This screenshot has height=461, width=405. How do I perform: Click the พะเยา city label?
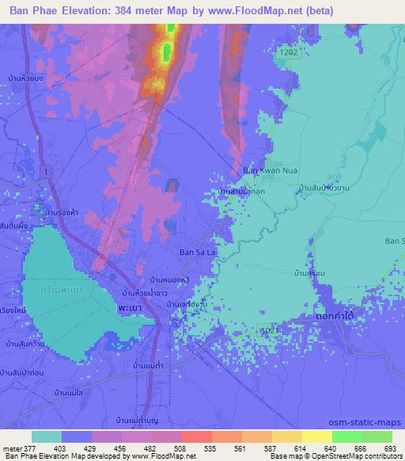click(x=130, y=304)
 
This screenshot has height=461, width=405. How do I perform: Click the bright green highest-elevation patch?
click(x=167, y=52)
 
